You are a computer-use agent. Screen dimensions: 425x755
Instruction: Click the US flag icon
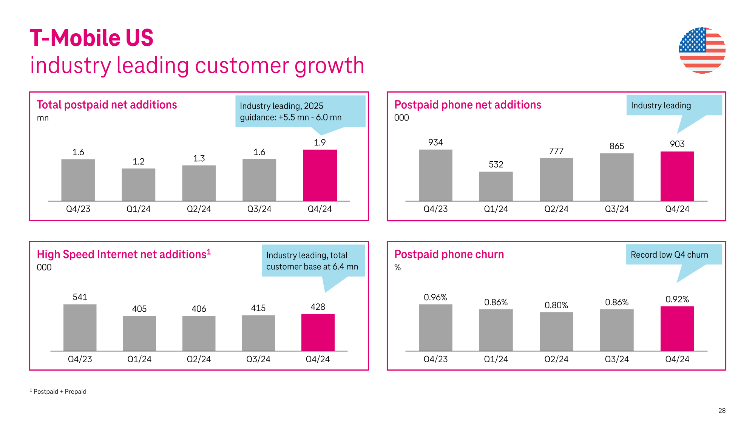click(x=702, y=50)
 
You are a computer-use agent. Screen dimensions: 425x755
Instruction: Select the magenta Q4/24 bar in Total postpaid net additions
click(x=320, y=175)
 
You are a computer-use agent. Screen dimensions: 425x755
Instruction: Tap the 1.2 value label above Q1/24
click(x=138, y=162)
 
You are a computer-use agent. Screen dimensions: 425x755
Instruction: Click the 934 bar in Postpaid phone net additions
click(x=435, y=175)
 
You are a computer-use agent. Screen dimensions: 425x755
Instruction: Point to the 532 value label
click(x=496, y=164)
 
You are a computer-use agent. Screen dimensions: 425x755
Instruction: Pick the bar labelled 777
click(x=556, y=179)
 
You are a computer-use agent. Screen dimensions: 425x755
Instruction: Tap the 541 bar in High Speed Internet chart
click(x=80, y=328)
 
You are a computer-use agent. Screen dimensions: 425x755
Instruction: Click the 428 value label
click(x=318, y=307)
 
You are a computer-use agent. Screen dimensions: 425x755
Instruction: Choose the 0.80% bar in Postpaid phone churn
click(x=556, y=331)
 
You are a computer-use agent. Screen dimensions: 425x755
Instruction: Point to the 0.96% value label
click(x=435, y=297)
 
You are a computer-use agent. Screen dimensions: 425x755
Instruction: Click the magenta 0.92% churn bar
click(x=677, y=329)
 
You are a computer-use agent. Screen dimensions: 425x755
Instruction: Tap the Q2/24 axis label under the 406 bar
click(x=199, y=359)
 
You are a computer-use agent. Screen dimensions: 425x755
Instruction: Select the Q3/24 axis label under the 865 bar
click(x=616, y=209)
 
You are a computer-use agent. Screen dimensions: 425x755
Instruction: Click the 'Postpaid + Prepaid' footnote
click(x=60, y=391)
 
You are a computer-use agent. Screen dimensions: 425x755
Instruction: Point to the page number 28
click(x=721, y=411)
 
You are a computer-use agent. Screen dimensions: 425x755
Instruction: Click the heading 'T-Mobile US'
click(x=92, y=38)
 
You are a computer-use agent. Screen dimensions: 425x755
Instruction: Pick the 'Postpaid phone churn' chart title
click(x=449, y=254)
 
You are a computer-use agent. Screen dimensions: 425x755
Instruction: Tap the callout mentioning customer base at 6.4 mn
click(x=313, y=261)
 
